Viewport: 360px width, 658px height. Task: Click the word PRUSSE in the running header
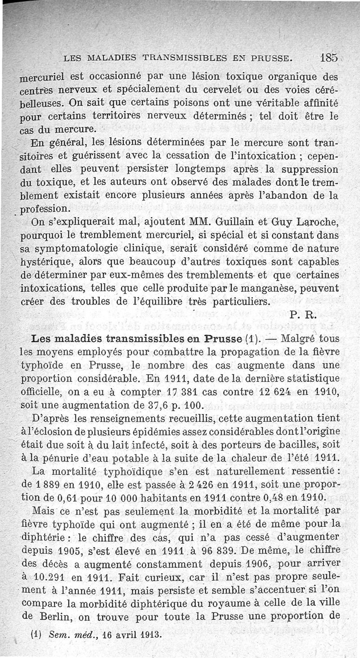pyautogui.click(x=269, y=58)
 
